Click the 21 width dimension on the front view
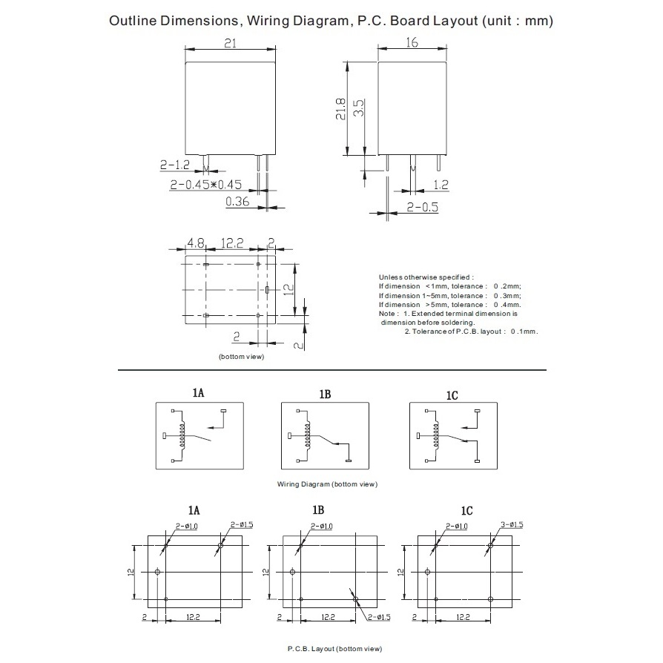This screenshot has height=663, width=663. [231, 43]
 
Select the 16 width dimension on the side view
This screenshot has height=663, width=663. [412, 42]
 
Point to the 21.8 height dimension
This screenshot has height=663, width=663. [341, 109]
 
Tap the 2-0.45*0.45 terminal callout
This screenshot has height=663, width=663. [206, 185]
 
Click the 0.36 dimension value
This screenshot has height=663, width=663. [237, 201]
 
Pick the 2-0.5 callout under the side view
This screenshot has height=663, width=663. [423, 207]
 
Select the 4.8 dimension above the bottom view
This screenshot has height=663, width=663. [195, 243]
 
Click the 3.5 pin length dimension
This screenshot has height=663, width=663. [358, 108]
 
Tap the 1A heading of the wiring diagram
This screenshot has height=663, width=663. [198, 393]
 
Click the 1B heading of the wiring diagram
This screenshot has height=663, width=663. [325, 394]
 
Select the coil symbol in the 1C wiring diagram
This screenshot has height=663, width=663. [436, 435]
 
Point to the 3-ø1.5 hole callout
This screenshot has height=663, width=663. [512, 525]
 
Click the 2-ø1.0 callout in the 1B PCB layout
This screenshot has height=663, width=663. [321, 527]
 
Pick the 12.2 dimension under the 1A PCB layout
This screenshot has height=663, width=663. [193, 617]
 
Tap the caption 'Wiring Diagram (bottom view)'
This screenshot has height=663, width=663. [327, 484]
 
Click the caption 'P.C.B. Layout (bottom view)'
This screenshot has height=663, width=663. [335, 649]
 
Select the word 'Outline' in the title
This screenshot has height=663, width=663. [133, 21]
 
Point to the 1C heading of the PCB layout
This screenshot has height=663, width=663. [466, 511]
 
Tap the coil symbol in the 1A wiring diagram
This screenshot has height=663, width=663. [182, 435]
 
